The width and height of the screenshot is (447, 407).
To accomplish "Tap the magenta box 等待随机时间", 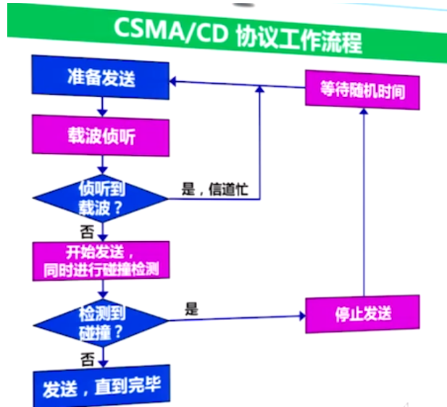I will [x=362, y=90].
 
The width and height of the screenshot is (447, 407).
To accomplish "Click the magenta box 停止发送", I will [x=363, y=314].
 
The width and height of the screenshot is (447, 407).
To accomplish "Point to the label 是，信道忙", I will [x=215, y=190].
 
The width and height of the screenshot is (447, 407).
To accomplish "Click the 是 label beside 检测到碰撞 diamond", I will [x=191, y=309].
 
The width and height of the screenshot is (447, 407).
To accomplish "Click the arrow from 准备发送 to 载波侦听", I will [x=102, y=107].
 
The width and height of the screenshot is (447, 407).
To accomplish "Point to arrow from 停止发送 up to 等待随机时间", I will [x=363, y=203].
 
